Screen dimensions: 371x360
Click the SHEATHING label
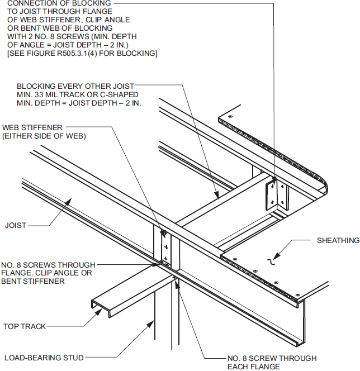click(338, 241)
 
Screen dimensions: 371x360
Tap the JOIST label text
click(15, 226)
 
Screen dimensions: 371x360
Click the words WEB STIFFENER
click(32, 127)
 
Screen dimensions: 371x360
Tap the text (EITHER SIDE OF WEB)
click(44, 136)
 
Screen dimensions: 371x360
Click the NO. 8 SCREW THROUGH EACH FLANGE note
click(272, 362)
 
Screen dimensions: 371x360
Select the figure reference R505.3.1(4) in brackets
click(91, 54)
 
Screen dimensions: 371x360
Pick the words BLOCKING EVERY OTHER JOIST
click(75, 87)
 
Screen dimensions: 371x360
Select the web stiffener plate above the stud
click(164, 246)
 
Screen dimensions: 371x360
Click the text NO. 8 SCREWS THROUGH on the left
click(48, 265)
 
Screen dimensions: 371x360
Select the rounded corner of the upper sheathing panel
click(324, 184)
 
